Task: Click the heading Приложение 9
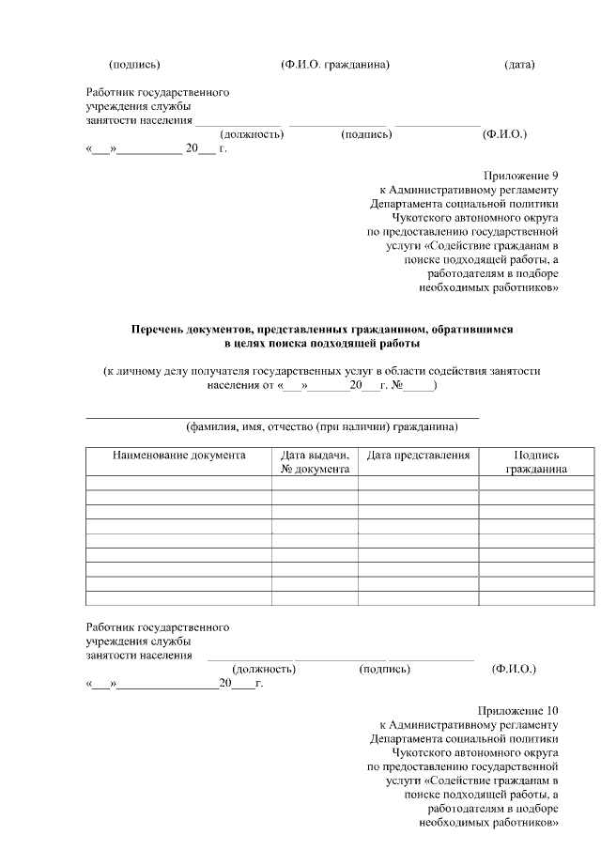point(521,175)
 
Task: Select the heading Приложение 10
point(518,711)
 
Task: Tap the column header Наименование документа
point(179,456)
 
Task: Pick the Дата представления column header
point(418,456)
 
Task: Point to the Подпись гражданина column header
point(536,462)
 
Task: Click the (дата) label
point(519,65)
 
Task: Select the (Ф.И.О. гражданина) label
point(335,65)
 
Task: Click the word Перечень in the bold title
point(159,331)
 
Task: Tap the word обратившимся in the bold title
point(472,331)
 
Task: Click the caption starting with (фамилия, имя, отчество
point(321,427)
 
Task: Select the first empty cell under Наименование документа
point(179,483)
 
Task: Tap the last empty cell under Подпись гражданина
point(536,597)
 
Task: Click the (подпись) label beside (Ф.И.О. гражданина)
point(134,65)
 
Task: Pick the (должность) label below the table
point(264,670)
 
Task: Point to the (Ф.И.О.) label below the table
point(514,670)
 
